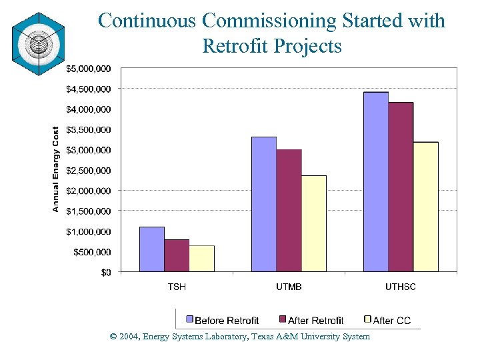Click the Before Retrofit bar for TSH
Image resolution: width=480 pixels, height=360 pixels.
[152, 249]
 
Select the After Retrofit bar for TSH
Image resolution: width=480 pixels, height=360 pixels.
[177, 255]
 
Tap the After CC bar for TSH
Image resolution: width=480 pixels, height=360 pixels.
[202, 259]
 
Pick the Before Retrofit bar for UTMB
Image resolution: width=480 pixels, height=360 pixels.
[264, 204]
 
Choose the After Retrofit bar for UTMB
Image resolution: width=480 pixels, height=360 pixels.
[289, 211]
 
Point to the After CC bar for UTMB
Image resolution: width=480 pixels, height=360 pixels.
[314, 223]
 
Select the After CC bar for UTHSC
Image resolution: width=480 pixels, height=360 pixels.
[426, 207]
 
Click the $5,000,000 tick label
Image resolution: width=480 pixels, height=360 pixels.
[88, 68]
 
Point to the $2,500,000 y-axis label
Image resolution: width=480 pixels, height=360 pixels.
[88, 170]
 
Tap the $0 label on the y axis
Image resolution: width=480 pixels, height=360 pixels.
[106, 272]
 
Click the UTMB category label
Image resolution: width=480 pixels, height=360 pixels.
[289, 287]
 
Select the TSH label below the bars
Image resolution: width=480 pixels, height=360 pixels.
[177, 287]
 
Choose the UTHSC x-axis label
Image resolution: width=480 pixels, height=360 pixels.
[401, 287]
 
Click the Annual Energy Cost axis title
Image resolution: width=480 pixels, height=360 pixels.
[56, 170]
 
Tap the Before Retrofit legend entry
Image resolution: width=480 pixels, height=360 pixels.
[223, 321]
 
